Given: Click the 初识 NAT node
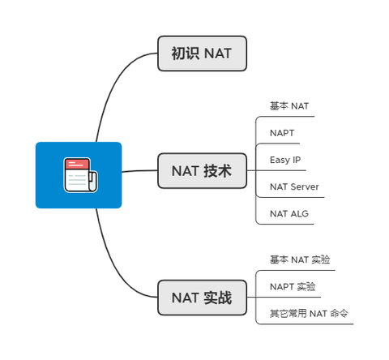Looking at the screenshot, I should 202,54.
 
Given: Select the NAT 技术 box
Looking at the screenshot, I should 202,171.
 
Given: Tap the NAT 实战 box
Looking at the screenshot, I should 202,298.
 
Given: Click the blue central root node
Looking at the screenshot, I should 79,175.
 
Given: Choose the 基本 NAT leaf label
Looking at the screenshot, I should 289,106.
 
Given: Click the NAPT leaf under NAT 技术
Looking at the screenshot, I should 283,132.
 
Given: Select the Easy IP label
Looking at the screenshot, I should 285,160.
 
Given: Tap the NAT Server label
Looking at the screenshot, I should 294,186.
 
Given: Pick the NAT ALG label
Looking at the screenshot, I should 289,213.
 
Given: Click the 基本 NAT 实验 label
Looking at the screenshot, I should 300,259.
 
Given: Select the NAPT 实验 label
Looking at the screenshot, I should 293,286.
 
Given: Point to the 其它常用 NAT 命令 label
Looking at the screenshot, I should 310,313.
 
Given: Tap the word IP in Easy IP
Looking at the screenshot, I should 296,160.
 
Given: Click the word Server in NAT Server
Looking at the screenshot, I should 305,186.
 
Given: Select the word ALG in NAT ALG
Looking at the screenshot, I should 299,213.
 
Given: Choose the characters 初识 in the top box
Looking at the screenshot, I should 185,54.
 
